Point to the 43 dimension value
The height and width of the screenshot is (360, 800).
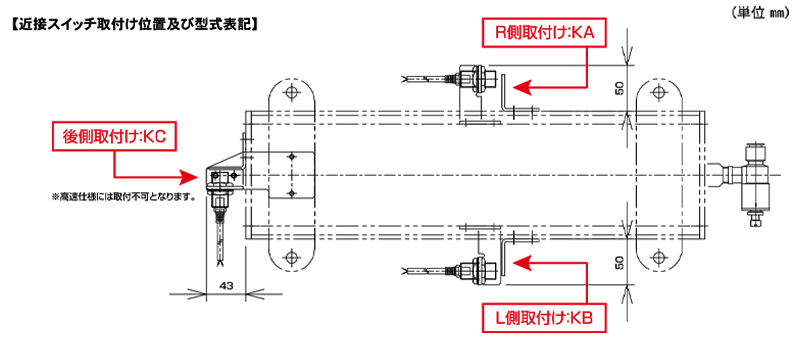point(227,286)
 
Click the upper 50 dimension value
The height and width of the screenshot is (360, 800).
point(620,89)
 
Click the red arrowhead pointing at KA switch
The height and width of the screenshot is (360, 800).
point(522,87)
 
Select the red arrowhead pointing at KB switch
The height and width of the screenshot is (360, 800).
point(522,264)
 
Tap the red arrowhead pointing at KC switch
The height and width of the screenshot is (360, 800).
point(188,176)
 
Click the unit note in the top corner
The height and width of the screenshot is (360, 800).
point(763,14)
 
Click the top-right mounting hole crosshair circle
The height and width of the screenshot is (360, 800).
point(659,92)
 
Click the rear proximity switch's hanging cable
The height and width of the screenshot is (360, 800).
point(220,244)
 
